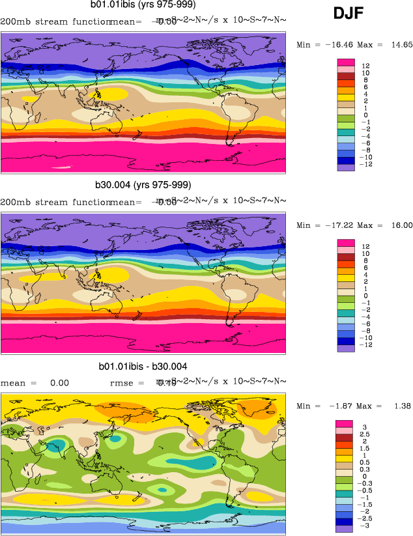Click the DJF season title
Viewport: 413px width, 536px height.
(x=349, y=13)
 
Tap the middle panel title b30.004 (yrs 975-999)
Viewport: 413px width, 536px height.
(x=145, y=185)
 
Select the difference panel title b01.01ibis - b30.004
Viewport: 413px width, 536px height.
(x=143, y=366)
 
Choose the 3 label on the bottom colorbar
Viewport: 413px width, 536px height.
(x=364, y=427)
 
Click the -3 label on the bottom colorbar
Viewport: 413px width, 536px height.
(x=366, y=525)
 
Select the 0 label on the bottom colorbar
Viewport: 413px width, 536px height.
(x=364, y=476)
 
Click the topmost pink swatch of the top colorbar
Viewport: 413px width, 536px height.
(x=345, y=62)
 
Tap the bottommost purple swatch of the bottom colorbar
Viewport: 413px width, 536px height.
(x=345, y=529)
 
